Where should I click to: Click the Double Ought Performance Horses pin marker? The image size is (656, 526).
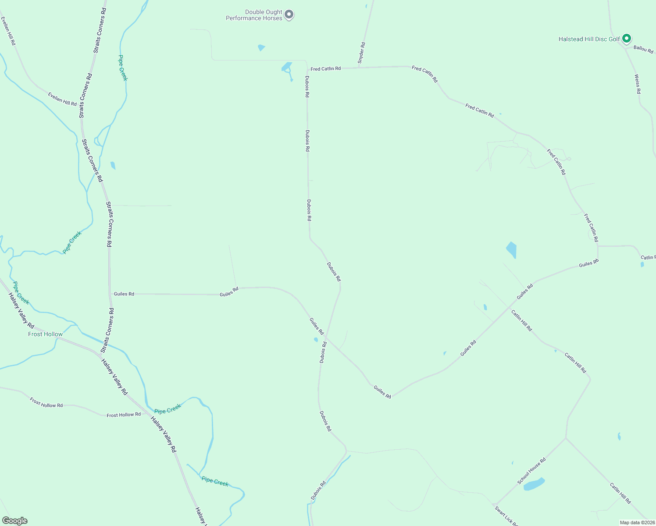click(x=289, y=14)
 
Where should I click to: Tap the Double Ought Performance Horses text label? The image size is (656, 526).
click(x=254, y=15)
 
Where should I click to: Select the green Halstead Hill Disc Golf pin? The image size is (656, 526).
click(x=627, y=39)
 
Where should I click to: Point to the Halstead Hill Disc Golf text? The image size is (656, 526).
click(x=589, y=39)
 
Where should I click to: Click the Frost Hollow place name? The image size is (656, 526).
click(x=45, y=334)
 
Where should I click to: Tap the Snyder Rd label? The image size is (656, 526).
click(x=361, y=53)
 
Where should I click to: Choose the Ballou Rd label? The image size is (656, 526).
click(x=643, y=49)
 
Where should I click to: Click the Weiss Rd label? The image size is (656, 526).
click(x=638, y=84)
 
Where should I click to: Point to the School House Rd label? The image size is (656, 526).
click(x=531, y=471)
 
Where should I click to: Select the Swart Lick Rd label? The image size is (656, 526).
click(x=506, y=516)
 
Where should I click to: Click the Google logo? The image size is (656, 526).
click(x=14, y=521)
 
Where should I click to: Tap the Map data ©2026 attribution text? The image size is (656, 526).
click(x=637, y=522)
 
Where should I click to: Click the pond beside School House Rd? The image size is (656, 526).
click(x=534, y=484)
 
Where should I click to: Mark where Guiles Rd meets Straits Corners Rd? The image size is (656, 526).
click(x=110, y=294)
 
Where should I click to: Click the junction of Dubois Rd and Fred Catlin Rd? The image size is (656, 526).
click(x=307, y=69)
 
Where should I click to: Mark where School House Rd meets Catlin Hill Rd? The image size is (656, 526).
click(x=566, y=437)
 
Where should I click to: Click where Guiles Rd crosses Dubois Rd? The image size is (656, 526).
click(x=327, y=338)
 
